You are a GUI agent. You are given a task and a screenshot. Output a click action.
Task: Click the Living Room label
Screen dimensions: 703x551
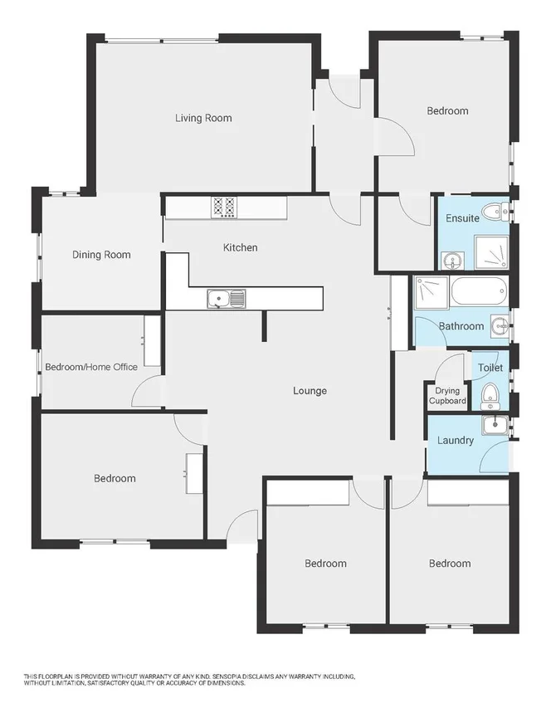203,118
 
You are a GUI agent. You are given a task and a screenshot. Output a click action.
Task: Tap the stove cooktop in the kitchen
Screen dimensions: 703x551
223,207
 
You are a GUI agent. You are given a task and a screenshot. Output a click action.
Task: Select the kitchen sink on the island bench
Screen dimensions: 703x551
225,299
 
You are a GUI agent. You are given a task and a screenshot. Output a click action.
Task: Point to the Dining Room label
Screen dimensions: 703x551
101,255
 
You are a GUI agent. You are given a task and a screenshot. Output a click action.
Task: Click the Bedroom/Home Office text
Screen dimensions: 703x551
90,367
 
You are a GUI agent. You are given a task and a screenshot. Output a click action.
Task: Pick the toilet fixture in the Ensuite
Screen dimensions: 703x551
495,212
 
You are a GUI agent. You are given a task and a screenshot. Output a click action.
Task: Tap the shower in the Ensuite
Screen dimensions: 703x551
490,252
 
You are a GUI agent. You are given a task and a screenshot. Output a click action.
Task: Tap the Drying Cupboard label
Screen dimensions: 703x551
447,396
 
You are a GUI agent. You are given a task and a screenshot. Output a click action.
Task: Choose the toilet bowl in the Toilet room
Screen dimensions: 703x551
490,394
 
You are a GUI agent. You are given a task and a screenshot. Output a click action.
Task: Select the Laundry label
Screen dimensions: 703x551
455,440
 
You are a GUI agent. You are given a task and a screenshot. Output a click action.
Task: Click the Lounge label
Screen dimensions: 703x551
310,391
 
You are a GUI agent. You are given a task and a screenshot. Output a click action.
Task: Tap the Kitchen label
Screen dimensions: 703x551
240,247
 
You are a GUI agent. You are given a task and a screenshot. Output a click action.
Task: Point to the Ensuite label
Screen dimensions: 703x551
462,218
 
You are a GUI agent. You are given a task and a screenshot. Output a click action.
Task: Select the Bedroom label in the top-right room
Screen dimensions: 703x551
447,110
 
